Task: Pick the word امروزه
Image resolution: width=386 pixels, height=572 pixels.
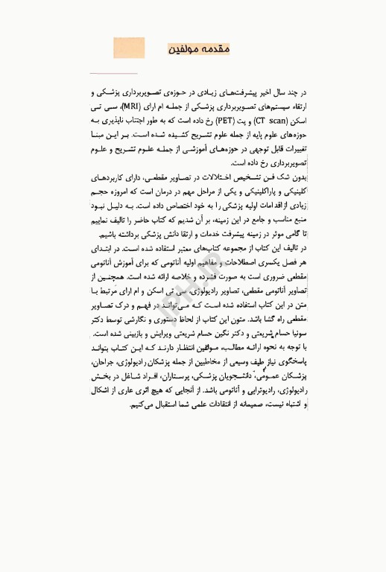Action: tap(122, 202)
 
